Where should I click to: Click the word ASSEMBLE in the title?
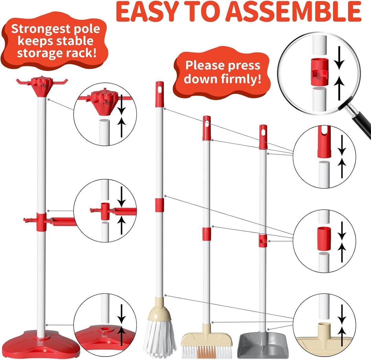tap(294, 12)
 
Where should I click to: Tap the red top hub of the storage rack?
tap(42, 86)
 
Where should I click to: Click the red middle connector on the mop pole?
tap(159, 205)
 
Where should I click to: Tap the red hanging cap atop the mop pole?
tap(159, 94)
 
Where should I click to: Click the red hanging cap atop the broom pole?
tap(206, 128)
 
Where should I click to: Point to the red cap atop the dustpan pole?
tap(263, 137)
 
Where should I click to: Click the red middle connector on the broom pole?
tap(206, 234)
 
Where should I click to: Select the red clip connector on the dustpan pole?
tap(263, 241)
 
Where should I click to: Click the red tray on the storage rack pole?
tap(63, 222)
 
